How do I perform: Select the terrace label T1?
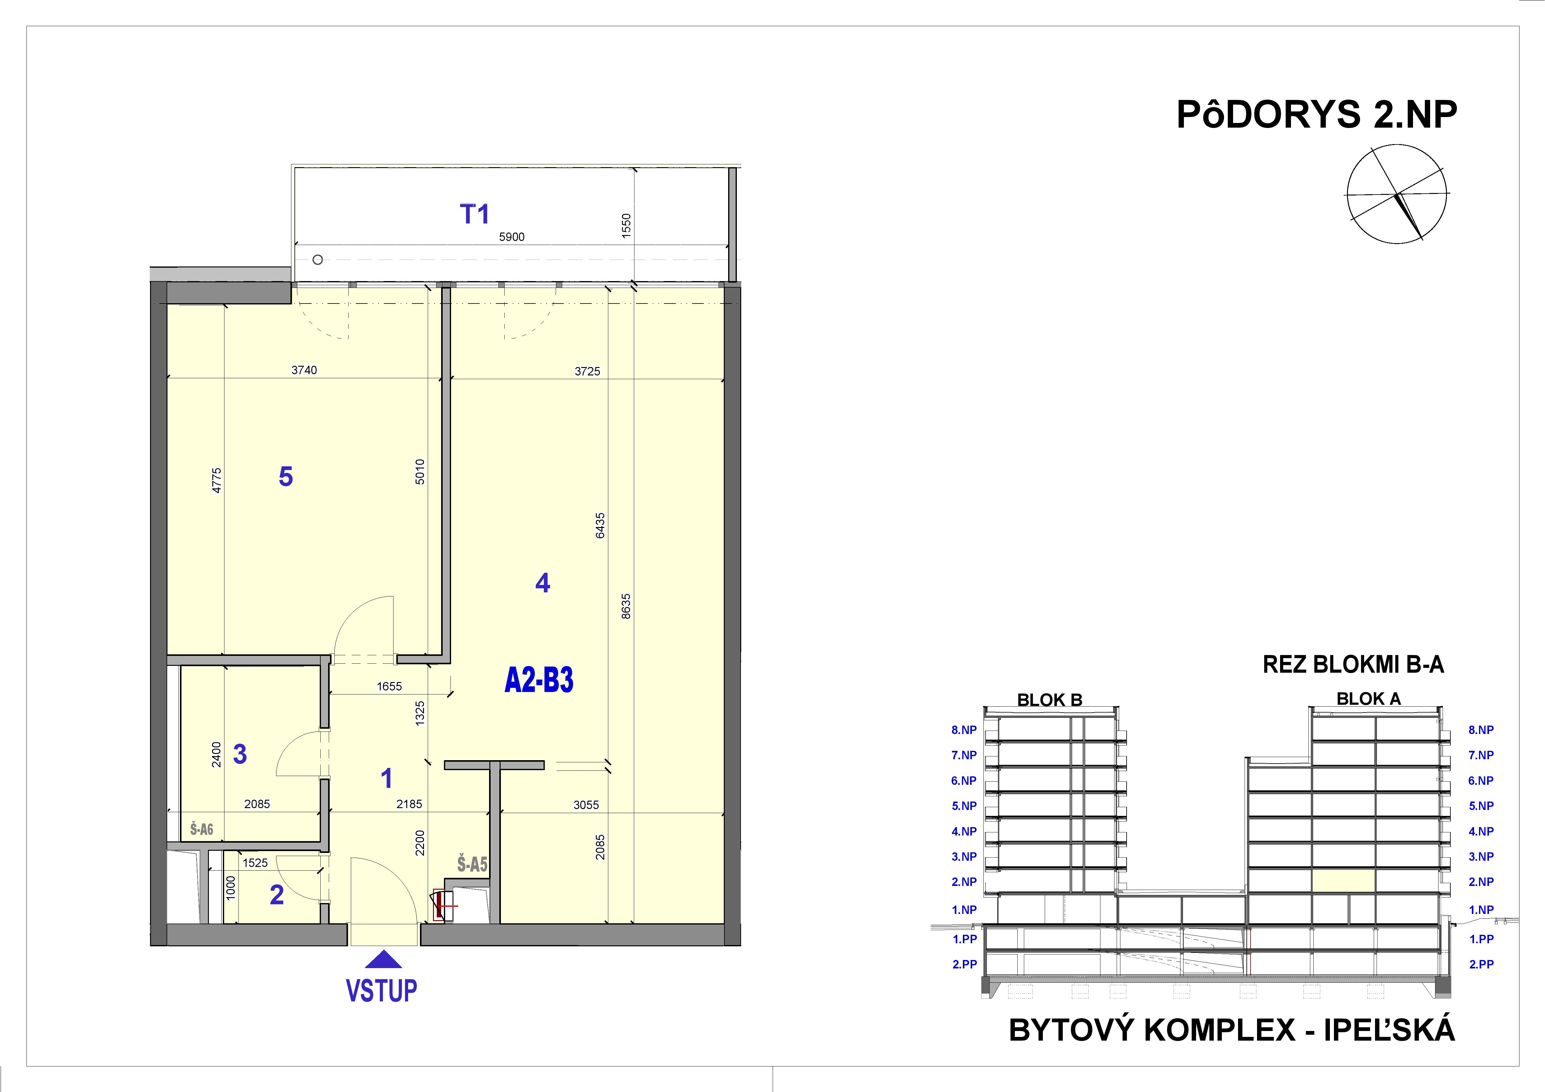click(474, 214)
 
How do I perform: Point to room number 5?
click(286, 477)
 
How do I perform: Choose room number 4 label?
click(542, 583)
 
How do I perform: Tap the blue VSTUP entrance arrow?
click(382, 959)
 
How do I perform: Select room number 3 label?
click(240, 754)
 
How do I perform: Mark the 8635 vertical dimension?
click(626, 605)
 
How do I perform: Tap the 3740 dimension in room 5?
click(304, 370)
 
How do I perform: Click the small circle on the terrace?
click(318, 260)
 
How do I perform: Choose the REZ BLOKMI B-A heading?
click(1353, 665)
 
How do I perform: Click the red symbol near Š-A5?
click(444, 906)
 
